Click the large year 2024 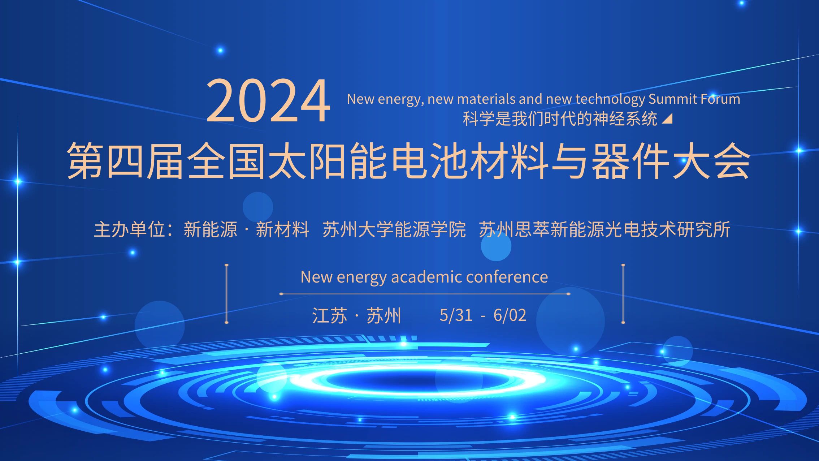[268, 101]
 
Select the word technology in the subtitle [610, 100]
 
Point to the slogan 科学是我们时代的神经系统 [560, 119]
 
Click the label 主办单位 [130, 229]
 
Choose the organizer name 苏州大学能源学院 [394, 229]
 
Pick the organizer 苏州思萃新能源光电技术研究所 [604, 229]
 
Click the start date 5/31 [456, 315]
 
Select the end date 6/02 [510, 315]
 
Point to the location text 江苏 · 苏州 [356, 315]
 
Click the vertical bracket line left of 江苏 [226, 293]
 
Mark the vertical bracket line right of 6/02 [623, 293]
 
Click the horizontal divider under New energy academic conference [425, 294]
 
